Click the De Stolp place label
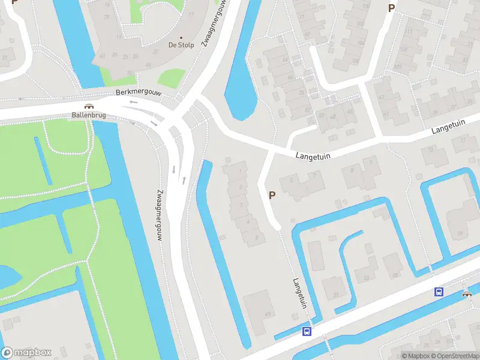pos(181,45)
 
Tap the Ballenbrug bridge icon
pos(88,106)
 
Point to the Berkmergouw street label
pos(140,94)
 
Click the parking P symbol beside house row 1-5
pos(272,195)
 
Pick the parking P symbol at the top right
pos(391,8)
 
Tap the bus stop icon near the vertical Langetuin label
pos(307,332)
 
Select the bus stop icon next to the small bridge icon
pos(439,292)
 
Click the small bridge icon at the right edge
pos(467,294)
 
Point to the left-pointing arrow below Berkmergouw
pos(133,102)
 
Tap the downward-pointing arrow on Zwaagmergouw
pos(173,169)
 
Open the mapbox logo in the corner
pos(26,353)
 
